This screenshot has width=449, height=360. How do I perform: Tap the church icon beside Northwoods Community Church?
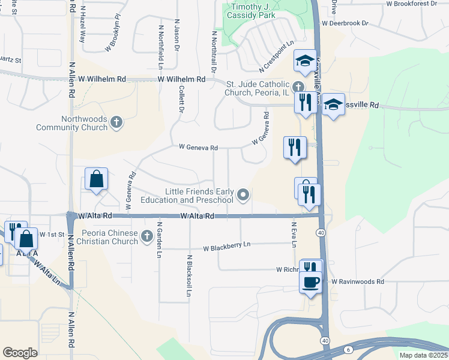(117, 123)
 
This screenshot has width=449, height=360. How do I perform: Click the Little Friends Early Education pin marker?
(243, 194)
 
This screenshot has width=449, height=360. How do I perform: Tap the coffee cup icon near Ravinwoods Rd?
(310, 282)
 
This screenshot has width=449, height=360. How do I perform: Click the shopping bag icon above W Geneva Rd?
(96, 179)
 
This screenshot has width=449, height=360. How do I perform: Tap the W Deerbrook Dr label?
(345, 23)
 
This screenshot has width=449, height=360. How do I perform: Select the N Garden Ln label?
(160, 240)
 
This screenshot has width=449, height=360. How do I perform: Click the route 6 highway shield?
(348, 349)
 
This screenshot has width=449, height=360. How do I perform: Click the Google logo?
(20, 352)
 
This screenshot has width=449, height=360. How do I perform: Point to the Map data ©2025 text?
(424, 355)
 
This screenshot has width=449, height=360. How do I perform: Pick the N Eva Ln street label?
(294, 234)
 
